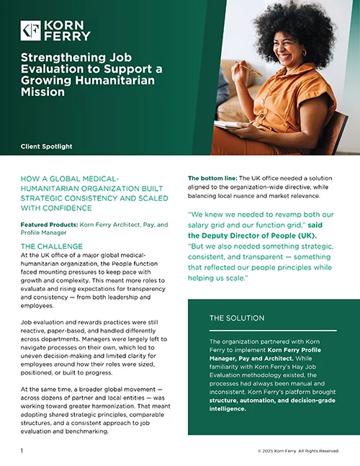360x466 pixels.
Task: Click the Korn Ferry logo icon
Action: coord(31,30)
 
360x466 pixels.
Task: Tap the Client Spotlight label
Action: coord(47,146)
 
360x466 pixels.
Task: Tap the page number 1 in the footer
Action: coord(22,450)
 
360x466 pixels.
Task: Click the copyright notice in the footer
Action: coord(297,451)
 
